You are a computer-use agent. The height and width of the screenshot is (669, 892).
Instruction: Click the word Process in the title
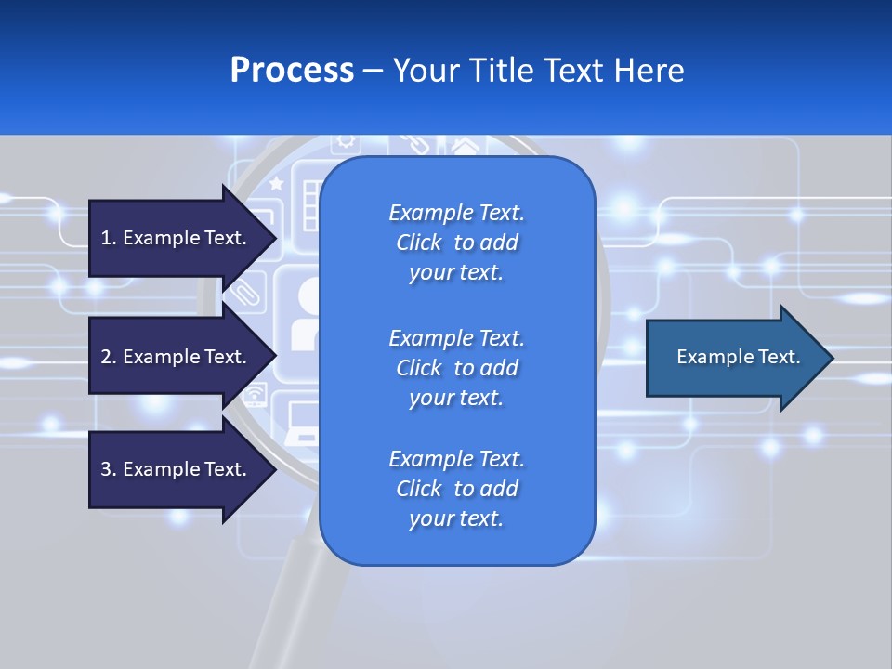pos(292,70)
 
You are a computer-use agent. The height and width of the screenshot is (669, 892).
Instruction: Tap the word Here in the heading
pos(648,70)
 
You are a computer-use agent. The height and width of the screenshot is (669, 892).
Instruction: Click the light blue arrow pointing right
pos(734,357)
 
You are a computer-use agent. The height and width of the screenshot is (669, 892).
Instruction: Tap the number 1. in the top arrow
pos(109,238)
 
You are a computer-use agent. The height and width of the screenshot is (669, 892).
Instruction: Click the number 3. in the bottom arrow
pos(109,469)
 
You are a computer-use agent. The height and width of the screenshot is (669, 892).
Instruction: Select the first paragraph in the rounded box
pos(456,243)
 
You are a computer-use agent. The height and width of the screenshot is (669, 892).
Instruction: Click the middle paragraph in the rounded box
pos(456,368)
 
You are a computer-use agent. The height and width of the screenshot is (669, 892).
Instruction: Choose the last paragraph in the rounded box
pos(456,489)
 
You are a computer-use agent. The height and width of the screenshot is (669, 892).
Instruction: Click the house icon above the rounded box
pos(464,146)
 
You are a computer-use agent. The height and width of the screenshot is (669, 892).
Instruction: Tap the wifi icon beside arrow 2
pos(254,398)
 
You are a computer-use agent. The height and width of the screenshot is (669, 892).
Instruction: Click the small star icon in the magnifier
pos(276,185)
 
